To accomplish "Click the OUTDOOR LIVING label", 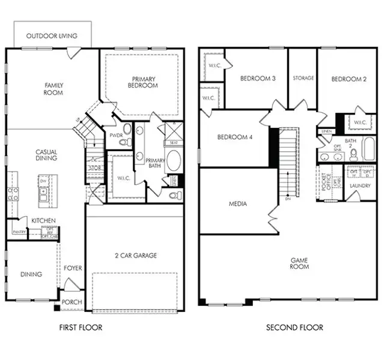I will coord(52,36).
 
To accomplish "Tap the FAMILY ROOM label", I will coord(53,89).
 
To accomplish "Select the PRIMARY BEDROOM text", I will coord(142,82).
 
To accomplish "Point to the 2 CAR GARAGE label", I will coord(136,256).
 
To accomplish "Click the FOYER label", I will coord(73,268).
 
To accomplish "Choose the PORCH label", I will coord(72,301).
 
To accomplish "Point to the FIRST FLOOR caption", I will coord(80,328).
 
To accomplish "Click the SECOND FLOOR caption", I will coord(294,328).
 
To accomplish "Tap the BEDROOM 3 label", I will coord(258,79).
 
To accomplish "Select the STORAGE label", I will coord(303,79).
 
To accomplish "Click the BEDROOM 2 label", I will coord(348,79).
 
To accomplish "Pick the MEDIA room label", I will coord(238,204).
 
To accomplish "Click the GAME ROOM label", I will coord(299,263).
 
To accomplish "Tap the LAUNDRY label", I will coord(360,186).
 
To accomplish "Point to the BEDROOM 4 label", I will coord(235,137).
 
